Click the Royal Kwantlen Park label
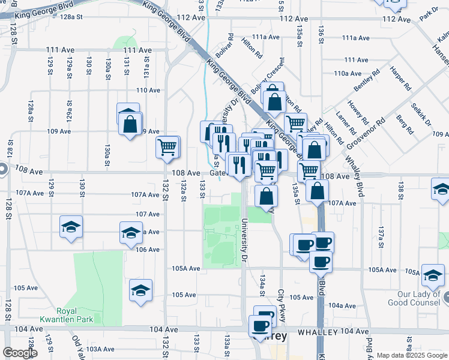[x=74, y=315]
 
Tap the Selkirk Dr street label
[x=423, y=115]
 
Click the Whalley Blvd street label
[x=354, y=174]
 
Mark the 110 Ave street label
[x=148, y=91]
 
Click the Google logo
[x=20, y=353]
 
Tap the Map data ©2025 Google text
[x=412, y=355]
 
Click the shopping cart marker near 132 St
[x=167, y=147]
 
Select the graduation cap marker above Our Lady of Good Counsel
[x=432, y=275]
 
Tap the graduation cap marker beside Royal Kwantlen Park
[x=140, y=290]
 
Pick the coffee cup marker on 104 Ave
[x=259, y=326]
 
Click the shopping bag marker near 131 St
[x=129, y=124]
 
